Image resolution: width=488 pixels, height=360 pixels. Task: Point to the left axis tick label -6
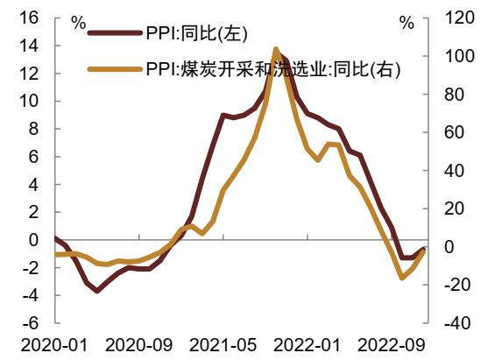pyautogui.click(x=31, y=323)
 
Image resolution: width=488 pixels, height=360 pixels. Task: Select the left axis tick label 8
pyautogui.click(x=32, y=129)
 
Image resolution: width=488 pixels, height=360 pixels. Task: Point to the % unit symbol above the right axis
pyautogui.click(x=406, y=24)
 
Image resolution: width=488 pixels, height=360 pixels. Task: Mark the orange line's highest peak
pyautogui.click(x=276, y=50)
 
